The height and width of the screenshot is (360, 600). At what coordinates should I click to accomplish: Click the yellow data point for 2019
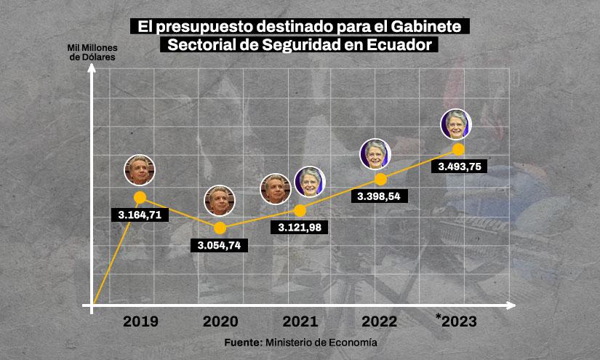tap(140, 197)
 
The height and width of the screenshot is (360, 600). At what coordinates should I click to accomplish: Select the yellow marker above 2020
tap(221, 228)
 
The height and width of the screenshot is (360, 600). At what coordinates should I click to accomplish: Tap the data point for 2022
tap(380, 179)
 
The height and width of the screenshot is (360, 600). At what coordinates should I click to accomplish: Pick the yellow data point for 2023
tap(458, 149)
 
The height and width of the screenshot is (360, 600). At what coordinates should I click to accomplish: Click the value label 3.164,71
tap(140, 215)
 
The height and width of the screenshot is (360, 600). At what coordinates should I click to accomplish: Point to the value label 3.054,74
tap(218, 245)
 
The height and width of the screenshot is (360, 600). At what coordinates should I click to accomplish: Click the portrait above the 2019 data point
tap(140, 170)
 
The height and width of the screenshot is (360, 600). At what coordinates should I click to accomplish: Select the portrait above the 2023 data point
tap(457, 123)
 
